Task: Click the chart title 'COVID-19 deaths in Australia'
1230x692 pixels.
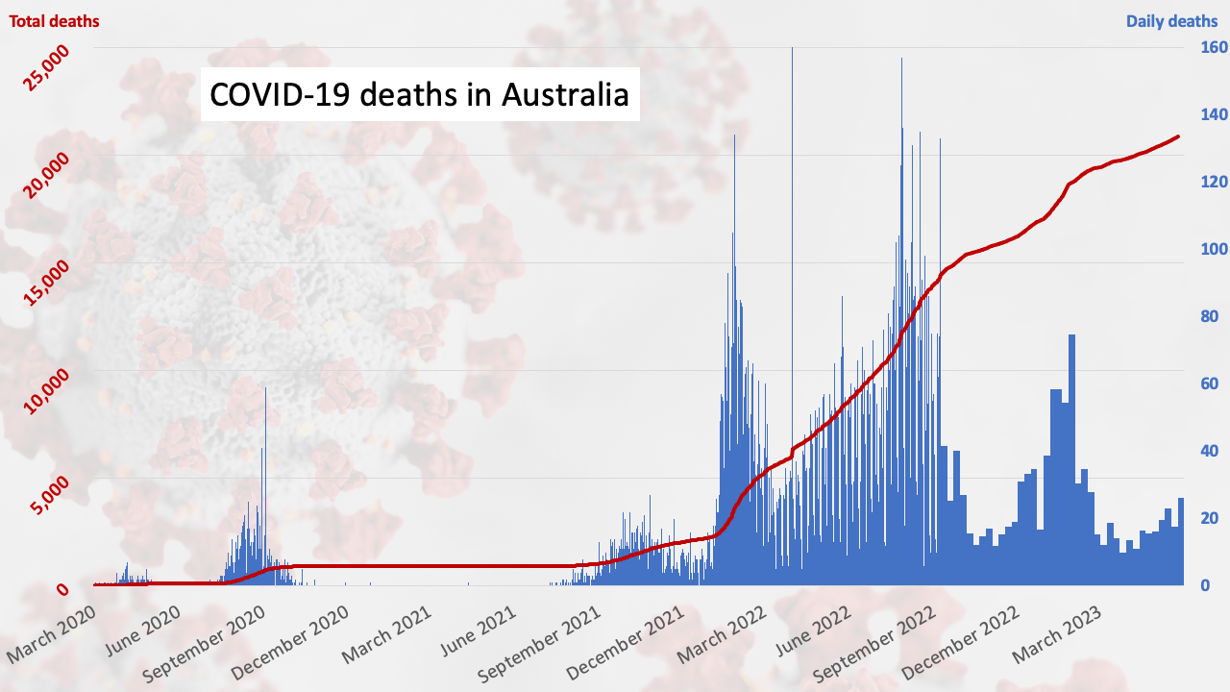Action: click(x=419, y=94)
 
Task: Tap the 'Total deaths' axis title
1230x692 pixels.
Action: click(x=54, y=20)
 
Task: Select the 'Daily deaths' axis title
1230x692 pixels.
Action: click(x=1171, y=20)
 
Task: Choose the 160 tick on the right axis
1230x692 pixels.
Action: click(x=1207, y=47)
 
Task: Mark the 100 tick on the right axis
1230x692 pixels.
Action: click(x=1207, y=249)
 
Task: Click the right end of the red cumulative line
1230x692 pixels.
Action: click(x=1178, y=136)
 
